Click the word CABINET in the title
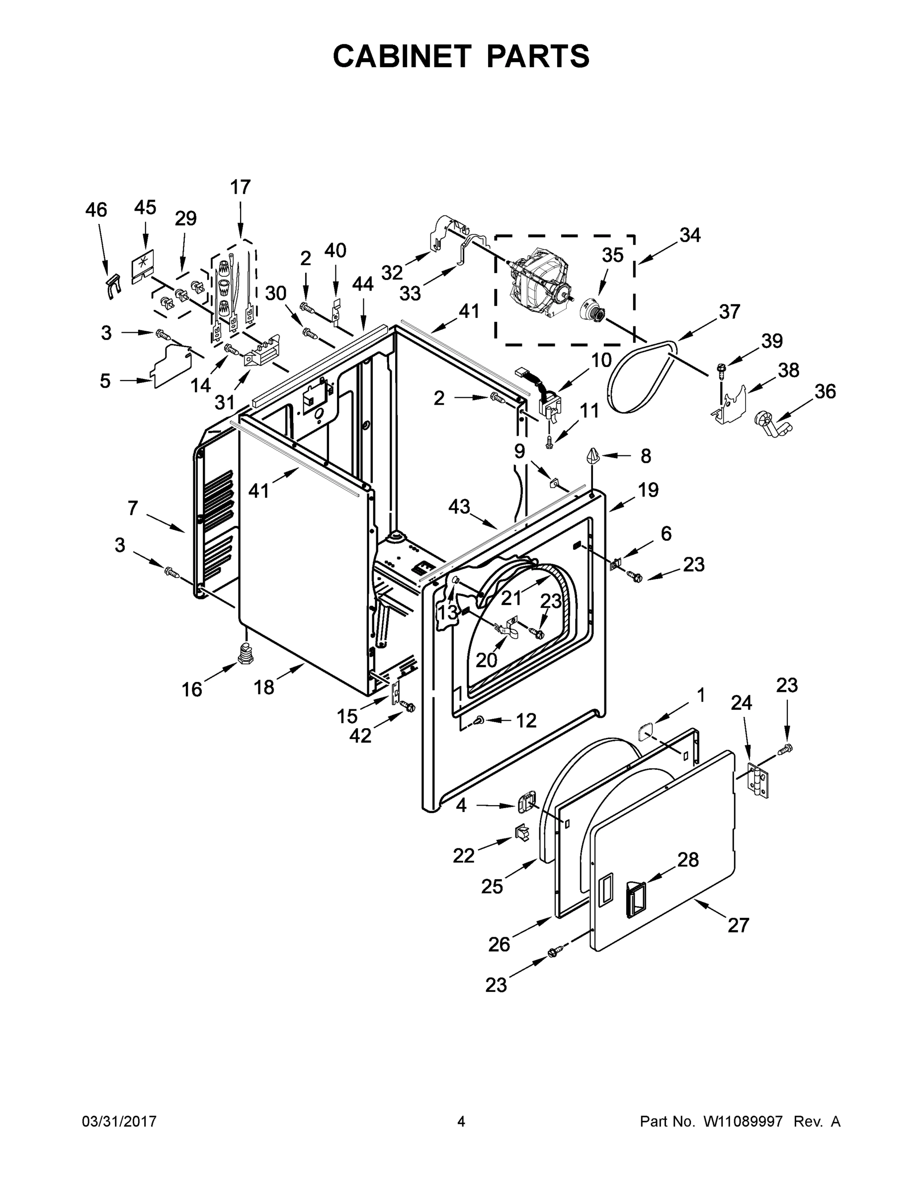(x=402, y=56)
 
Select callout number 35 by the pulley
(x=612, y=255)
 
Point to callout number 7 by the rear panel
(x=133, y=508)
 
